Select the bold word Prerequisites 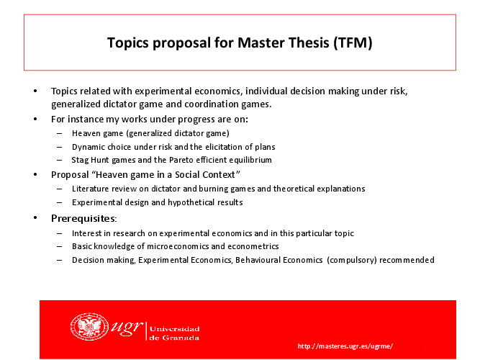(x=83, y=218)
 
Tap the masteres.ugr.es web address (x=345, y=346)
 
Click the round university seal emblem (x=89, y=327)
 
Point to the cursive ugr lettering (x=127, y=328)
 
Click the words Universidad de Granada (x=174, y=333)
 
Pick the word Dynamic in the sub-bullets (x=86, y=147)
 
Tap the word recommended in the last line (x=407, y=260)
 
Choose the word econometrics (x=253, y=246)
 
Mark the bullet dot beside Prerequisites (x=35, y=218)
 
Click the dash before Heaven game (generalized (x=60, y=134)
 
